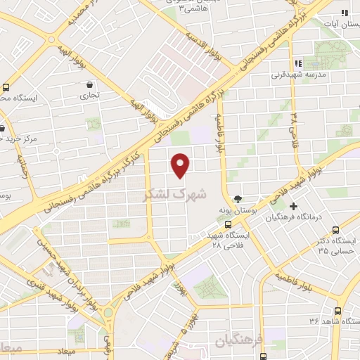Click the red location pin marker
181,164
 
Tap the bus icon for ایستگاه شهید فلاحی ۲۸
237,225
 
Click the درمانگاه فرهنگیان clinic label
293,217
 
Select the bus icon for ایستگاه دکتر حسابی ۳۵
336,229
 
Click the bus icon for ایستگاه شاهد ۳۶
337,310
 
